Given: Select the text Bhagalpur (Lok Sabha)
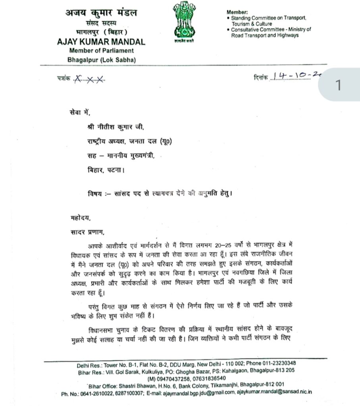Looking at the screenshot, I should tap(102, 59).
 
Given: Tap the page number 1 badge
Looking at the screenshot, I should tap(338, 86).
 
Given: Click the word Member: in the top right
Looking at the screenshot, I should tap(237, 12).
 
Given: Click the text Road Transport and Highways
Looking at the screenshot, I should tap(265, 35).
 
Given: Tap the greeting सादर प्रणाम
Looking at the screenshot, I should tap(84, 231).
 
